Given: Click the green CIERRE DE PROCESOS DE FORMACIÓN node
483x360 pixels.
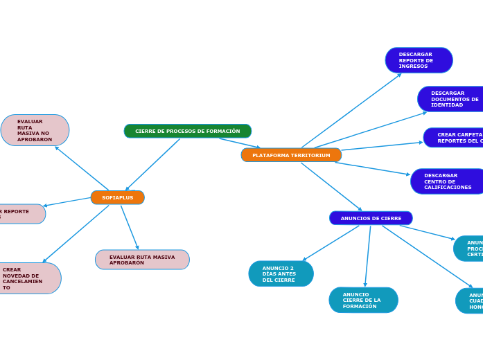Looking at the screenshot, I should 187,131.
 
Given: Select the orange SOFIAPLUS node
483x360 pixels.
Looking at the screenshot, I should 117,197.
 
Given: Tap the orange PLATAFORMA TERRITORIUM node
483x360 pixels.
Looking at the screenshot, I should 291,155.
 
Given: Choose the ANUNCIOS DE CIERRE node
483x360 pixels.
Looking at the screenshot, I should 371,218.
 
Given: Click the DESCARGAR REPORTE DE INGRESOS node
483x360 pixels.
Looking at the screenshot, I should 419,60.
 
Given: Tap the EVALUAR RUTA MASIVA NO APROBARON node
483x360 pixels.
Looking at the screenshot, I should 35,130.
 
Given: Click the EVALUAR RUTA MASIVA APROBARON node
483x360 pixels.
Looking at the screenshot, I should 142,260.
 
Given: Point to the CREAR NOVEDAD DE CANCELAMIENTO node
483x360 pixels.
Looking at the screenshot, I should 28,278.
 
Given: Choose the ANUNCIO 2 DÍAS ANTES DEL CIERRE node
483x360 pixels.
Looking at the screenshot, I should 281,273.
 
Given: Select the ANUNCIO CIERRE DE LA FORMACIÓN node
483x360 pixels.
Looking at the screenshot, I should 363,300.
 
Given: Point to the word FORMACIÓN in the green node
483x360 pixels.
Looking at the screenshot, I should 223,131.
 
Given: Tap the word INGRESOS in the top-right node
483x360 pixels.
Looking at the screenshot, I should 413,66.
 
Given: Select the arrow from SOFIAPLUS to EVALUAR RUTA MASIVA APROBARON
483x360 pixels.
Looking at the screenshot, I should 130,227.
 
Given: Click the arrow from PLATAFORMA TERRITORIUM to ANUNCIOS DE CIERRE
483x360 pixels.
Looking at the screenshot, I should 331,186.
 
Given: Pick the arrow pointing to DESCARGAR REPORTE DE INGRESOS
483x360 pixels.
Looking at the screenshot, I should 351,110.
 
